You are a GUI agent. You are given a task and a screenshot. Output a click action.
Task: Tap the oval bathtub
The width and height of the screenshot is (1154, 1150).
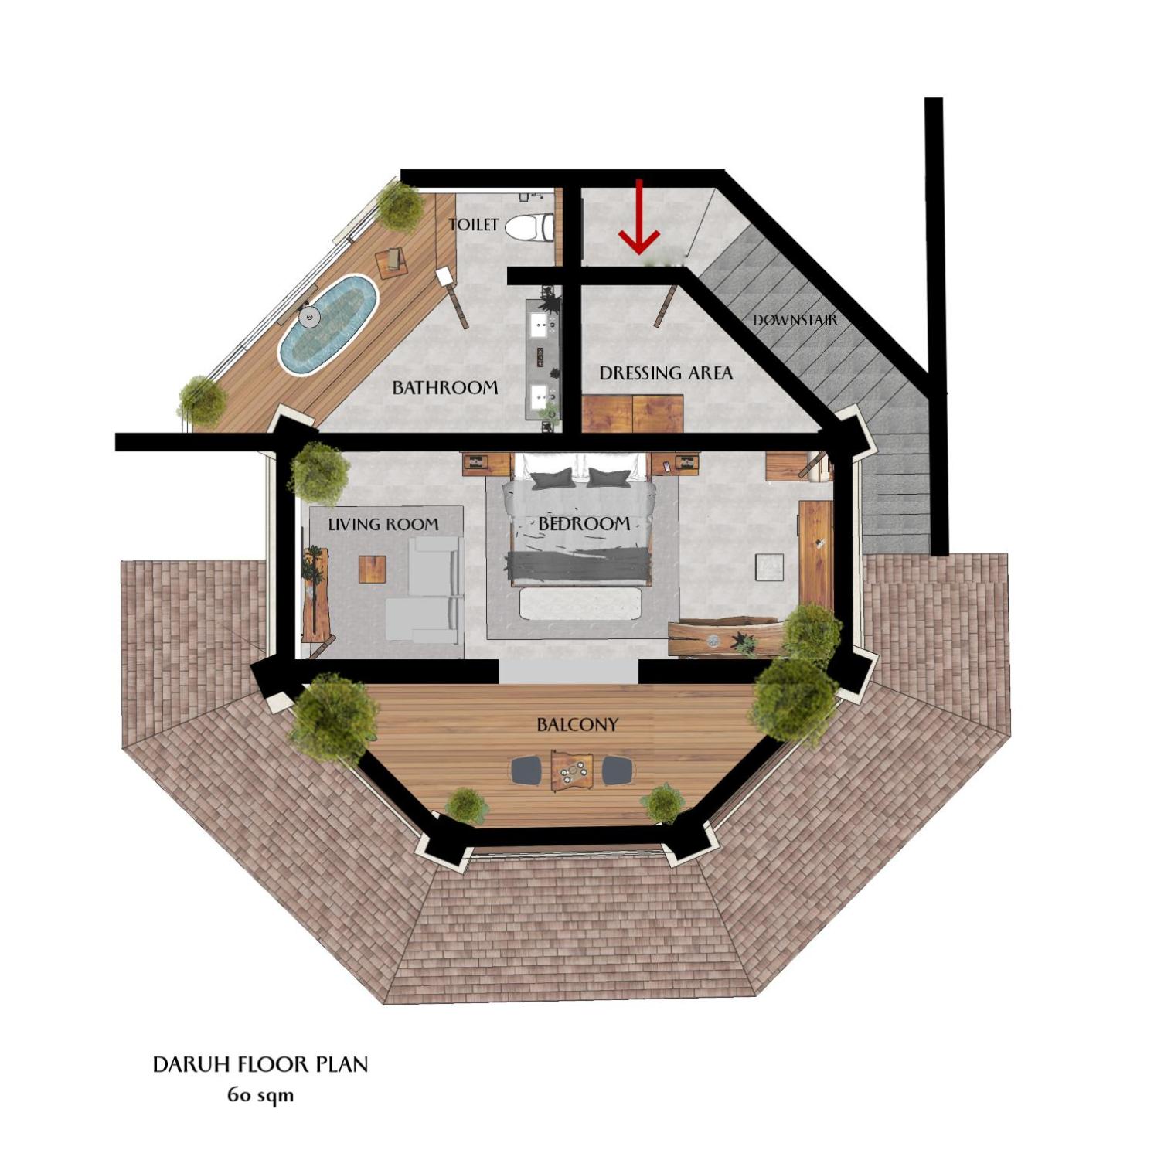(328, 325)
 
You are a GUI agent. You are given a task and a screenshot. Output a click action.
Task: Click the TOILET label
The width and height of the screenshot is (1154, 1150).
(474, 225)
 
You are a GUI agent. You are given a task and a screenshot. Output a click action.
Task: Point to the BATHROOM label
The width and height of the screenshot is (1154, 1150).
(444, 387)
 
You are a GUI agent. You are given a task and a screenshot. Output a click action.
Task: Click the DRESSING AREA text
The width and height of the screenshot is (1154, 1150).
(666, 373)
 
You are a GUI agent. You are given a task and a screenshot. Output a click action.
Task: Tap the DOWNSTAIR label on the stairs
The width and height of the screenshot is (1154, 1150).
(795, 319)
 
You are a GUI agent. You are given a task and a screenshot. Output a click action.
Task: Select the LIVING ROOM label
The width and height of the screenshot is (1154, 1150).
(383, 525)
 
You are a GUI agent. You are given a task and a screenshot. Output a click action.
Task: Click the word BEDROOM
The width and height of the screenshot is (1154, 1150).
(584, 524)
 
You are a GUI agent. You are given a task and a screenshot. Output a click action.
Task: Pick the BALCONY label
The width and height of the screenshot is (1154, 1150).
(577, 725)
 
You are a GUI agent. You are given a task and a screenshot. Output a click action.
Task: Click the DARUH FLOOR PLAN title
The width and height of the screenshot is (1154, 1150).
(260, 1064)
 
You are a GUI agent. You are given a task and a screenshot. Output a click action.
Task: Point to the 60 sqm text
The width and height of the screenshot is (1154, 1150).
(260, 1095)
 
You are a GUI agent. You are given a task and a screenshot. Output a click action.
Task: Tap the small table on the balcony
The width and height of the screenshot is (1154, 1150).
(572, 770)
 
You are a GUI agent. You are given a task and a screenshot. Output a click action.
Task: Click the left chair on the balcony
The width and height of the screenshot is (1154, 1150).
(526, 770)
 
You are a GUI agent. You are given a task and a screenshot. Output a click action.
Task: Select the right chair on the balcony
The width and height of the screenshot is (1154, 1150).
(618, 770)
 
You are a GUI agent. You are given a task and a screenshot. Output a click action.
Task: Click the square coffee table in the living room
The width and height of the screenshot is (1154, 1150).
(372, 569)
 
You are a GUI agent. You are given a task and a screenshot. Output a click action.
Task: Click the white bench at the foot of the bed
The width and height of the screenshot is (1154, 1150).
(580, 604)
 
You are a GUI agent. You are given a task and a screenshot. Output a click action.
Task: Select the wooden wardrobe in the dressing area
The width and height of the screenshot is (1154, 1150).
(632, 413)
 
